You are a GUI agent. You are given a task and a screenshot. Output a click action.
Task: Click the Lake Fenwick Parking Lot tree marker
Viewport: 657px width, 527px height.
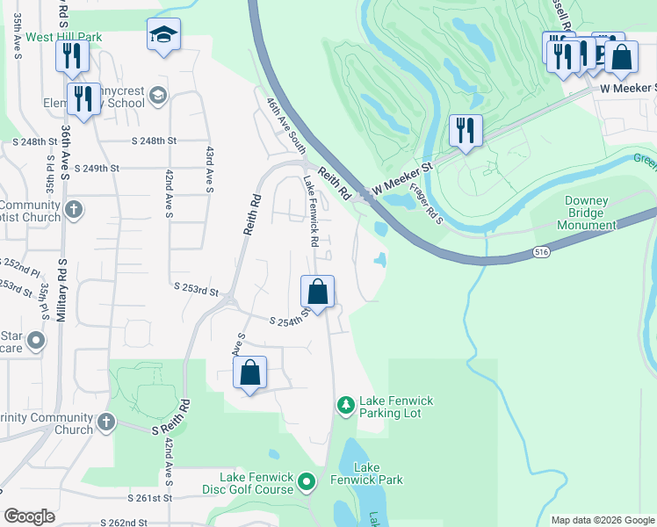click(346, 405)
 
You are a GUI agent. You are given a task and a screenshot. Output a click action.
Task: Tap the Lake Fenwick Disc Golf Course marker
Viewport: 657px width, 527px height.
click(307, 481)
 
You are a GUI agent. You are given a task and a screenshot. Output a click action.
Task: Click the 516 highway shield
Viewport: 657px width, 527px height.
click(541, 252)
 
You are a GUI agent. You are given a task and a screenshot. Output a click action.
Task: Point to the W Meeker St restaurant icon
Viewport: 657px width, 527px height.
click(465, 131)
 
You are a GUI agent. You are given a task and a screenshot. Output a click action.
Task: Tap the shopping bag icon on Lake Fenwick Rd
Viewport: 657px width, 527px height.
click(318, 291)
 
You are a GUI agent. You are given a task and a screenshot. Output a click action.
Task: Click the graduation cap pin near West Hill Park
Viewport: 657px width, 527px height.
click(163, 35)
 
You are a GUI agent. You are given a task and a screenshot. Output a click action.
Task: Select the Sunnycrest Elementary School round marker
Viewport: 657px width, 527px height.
click(158, 95)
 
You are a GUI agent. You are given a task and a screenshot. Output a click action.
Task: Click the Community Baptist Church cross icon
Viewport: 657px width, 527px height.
click(75, 210)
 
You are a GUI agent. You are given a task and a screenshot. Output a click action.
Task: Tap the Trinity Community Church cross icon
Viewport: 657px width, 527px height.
click(107, 423)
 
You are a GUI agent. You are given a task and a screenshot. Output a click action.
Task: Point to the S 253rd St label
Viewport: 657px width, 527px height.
click(196, 288)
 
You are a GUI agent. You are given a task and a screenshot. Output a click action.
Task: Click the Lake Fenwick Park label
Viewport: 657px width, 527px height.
click(378, 473)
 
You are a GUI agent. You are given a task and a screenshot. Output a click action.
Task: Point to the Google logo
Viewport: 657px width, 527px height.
click(30, 516)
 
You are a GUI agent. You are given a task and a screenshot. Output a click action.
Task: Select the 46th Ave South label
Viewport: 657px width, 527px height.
click(287, 126)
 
